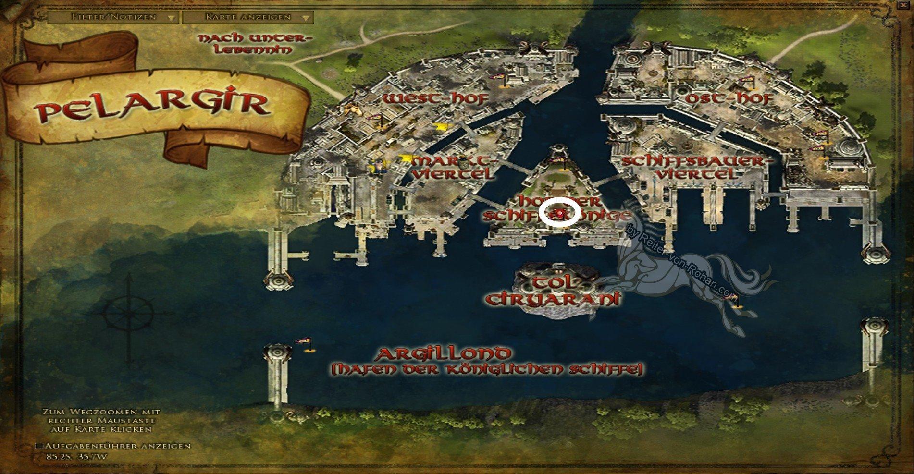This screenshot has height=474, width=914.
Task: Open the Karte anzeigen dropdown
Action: point(248,17)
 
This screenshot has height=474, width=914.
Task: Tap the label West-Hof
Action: point(436,99)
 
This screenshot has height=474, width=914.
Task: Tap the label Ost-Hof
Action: point(726,99)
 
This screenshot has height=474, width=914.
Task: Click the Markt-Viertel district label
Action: point(454,167)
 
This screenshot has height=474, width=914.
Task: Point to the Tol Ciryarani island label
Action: point(552,290)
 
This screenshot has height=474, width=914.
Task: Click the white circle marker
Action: point(560,213)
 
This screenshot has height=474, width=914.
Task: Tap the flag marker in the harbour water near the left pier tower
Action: point(303,343)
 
